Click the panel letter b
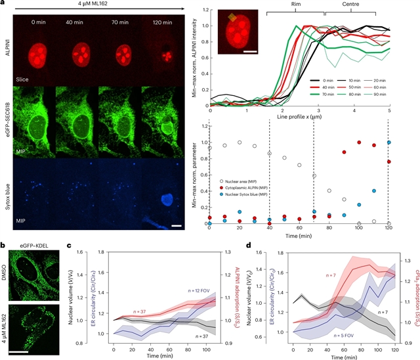pyautogui.click(x=5, y=246)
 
